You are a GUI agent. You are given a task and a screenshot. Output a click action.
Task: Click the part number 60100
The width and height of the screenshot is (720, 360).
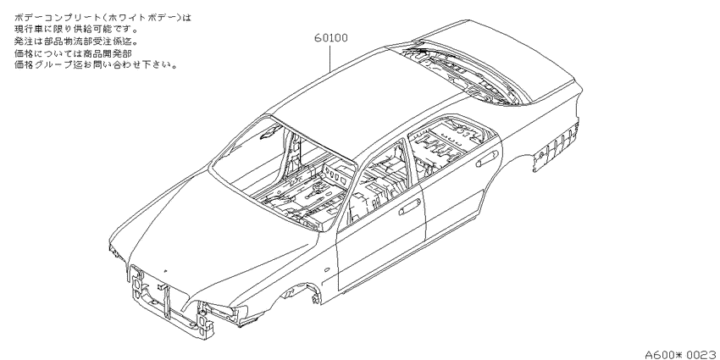[330, 37]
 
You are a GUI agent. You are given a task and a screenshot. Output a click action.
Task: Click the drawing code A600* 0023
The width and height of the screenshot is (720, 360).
[682, 354]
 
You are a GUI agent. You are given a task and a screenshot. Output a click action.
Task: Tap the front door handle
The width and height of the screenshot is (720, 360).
[410, 208]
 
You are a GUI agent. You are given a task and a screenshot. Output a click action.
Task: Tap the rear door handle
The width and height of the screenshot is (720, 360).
[488, 158]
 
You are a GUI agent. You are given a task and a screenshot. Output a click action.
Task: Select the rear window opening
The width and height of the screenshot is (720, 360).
[459, 74]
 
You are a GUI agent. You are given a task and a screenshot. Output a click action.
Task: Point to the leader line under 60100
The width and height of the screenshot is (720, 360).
[330, 58]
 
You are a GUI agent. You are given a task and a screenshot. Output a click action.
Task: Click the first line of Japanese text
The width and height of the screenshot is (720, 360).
[102, 18]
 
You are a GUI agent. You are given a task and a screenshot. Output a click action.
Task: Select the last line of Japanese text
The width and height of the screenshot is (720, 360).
[96, 64]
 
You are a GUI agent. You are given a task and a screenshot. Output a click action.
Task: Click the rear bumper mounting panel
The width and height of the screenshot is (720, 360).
[556, 146]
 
